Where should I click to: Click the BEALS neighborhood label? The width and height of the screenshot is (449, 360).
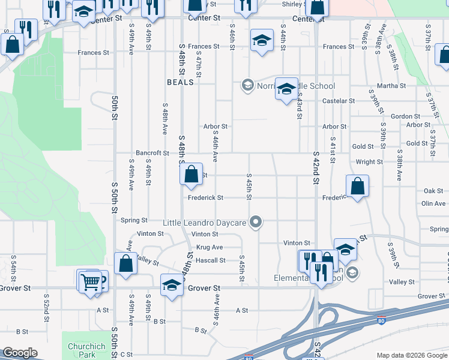(x=181, y=82)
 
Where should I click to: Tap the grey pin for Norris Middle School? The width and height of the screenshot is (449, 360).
(x=247, y=86)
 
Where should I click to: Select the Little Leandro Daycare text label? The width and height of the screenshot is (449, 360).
(x=205, y=223)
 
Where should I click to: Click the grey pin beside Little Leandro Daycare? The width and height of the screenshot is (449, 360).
(x=256, y=222)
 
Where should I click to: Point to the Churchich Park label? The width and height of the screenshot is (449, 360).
(x=82, y=350)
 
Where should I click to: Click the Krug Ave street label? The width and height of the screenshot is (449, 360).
(x=209, y=247)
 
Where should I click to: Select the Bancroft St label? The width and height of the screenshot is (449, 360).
(x=152, y=154)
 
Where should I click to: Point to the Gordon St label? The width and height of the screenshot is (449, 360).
(x=405, y=116)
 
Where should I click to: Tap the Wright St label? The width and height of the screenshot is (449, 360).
(x=369, y=162)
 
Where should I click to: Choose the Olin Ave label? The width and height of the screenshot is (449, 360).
(x=433, y=204)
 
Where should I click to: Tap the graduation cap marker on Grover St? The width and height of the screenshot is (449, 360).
(x=172, y=284)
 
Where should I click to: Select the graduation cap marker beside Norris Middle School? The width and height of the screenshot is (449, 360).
(x=286, y=88)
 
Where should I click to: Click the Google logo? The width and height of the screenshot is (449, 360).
(x=20, y=353)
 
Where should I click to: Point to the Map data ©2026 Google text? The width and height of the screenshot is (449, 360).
(x=411, y=355)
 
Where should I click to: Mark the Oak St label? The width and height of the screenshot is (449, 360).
(x=433, y=191)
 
